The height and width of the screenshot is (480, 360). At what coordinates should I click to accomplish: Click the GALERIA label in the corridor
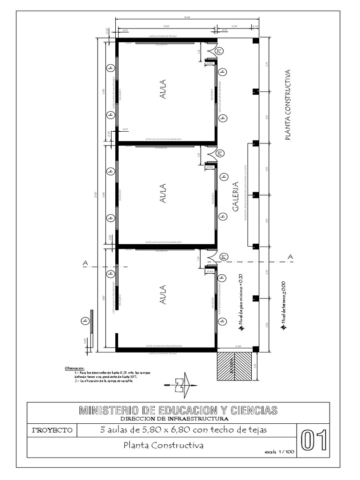(236, 197)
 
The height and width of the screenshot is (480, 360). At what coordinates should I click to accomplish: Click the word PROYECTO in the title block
(52, 430)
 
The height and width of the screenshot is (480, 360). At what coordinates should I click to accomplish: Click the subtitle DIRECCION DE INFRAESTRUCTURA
(174, 419)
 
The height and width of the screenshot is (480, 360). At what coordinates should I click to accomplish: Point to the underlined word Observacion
(74, 368)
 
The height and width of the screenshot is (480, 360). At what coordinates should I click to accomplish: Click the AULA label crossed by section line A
(163, 296)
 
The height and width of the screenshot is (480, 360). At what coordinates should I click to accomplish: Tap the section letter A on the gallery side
(290, 257)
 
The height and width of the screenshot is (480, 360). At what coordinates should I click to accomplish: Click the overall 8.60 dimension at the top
(187, 17)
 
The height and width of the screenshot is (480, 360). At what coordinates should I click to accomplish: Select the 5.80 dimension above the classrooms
(166, 26)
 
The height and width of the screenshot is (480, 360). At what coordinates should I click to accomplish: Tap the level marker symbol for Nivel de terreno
(283, 329)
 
